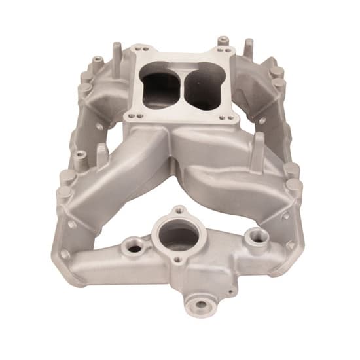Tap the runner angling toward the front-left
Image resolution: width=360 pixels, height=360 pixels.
[124, 170]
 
